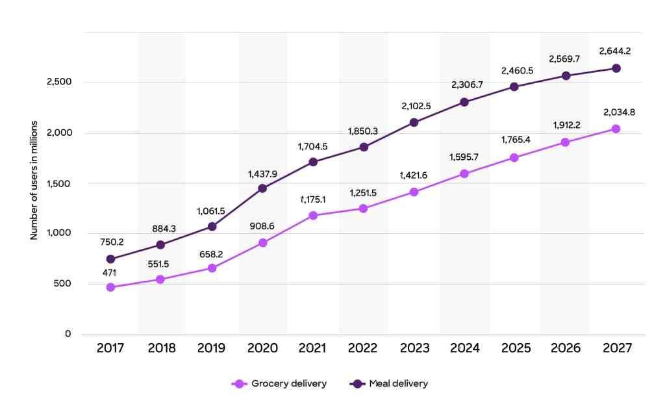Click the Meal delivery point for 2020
click(262, 188)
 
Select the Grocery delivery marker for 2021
click(313, 215)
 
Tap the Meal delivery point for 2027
click(616, 68)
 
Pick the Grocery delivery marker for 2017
click(110, 287)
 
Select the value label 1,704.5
click(313, 146)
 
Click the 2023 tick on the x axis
click(414, 348)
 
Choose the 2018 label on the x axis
click(162, 348)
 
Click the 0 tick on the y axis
click(68, 334)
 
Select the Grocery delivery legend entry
click(279, 383)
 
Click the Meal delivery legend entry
click(389, 383)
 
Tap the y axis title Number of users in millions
click(34, 180)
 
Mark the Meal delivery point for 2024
click(464, 102)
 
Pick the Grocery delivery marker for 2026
click(566, 142)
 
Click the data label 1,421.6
click(415, 176)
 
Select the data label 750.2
click(112, 242)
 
